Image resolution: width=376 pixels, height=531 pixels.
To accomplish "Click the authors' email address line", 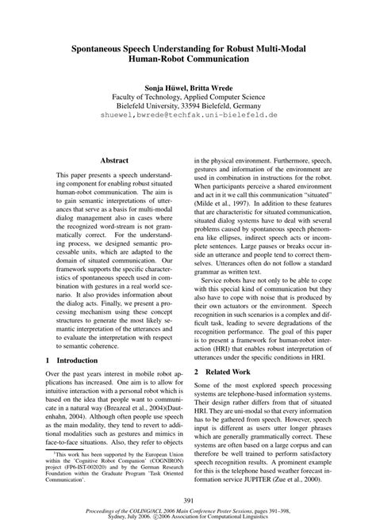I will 188,115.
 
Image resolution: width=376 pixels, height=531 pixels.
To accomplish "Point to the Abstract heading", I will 115,159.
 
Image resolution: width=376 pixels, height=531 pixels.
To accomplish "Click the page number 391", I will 188,499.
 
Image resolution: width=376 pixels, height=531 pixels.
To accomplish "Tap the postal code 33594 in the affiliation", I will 197,105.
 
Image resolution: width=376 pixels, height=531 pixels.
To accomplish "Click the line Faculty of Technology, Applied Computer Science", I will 188,95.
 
